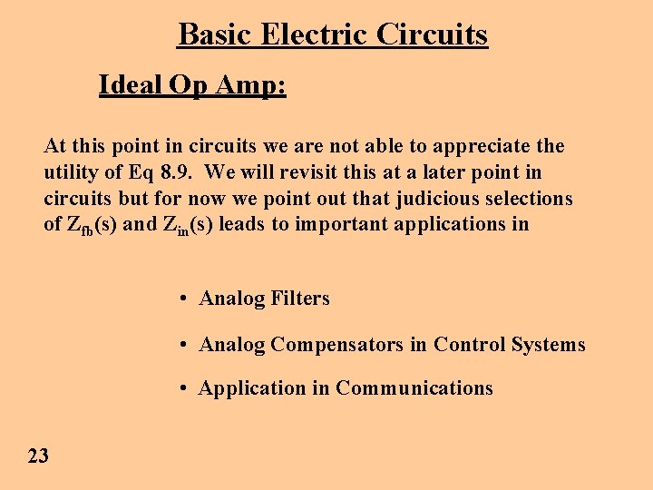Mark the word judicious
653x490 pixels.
(x=444, y=198)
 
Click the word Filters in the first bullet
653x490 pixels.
(x=300, y=299)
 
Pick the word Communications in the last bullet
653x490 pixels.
(x=414, y=388)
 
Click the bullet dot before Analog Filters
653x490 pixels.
(x=183, y=299)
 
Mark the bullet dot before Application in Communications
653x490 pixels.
(x=183, y=388)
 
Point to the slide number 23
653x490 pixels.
(x=38, y=456)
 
